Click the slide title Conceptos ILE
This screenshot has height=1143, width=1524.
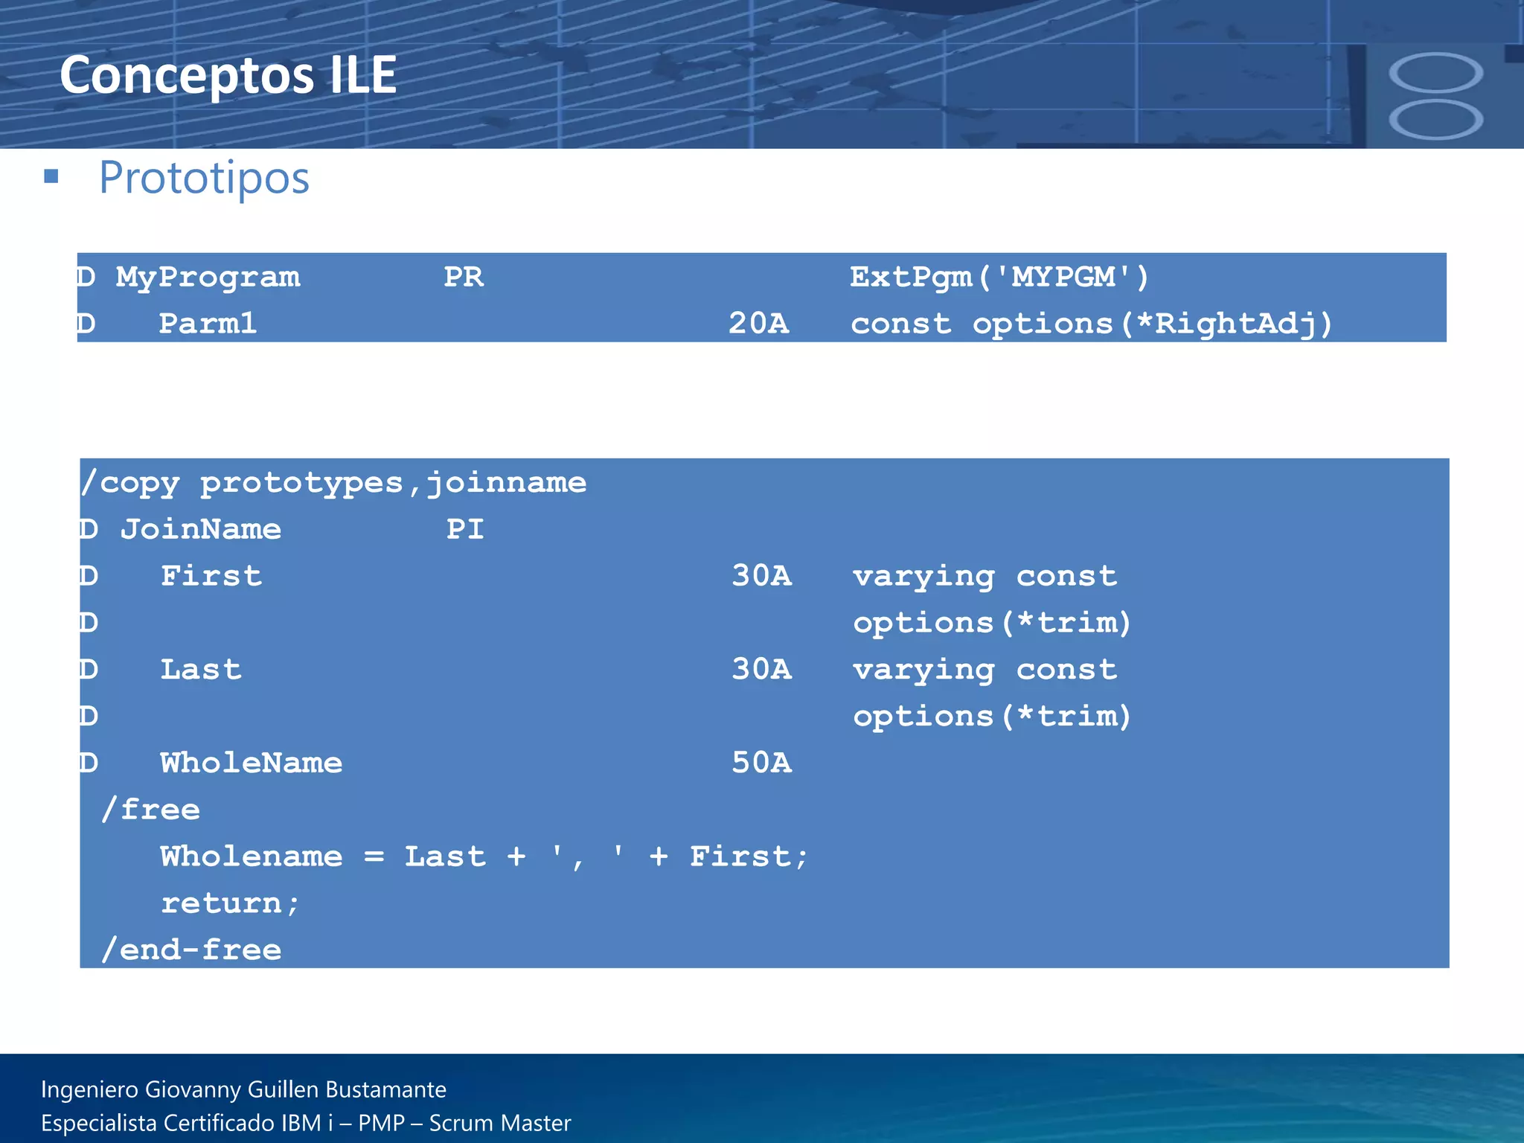[x=228, y=75]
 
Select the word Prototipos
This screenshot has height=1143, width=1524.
[x=204, y=178]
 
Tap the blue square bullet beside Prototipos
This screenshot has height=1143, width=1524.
[x=51, y=176]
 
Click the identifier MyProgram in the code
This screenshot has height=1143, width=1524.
[x=208, y=278]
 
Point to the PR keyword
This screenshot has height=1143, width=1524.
[x=463, y=278]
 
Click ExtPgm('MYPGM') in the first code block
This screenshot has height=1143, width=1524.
[x=999, y=278]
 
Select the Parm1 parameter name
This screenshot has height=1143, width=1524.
[x=208, y=324]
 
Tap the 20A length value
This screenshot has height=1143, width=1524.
[x=758, y=324]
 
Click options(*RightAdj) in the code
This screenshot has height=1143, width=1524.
[x=1152, y=324]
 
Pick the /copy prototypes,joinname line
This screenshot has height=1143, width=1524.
[x=333, y=483]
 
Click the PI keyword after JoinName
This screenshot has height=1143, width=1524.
[x=465, y=529]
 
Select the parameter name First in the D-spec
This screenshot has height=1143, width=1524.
[x=211, y=576]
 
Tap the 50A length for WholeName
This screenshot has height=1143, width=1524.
[x=761, y=763]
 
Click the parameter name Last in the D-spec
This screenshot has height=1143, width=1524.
[x=201, y=670]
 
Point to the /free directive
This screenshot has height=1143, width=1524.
[x=151, y=810]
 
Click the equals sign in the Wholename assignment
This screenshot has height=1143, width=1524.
[x=374, y=857]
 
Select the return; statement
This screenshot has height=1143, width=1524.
[x=230, y=903]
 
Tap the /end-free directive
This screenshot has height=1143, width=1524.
[x=192, y=950]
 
